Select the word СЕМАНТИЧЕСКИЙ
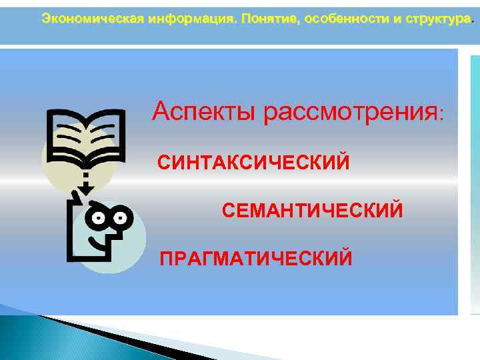[x=312, y=211]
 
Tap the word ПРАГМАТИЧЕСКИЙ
[x=255, y=257]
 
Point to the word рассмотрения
[x=349, y=112]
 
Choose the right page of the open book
[x=104, y=137]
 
